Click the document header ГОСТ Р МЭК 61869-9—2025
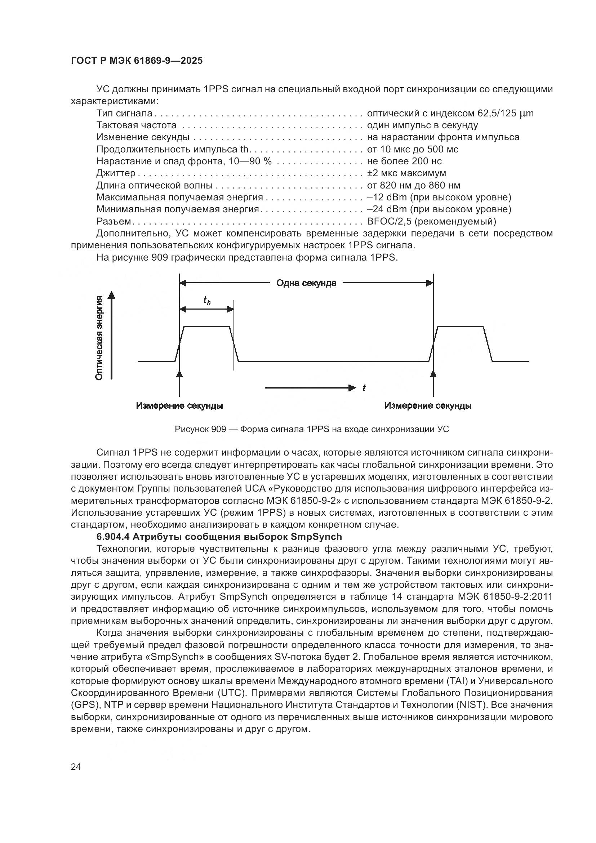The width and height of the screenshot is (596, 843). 137,61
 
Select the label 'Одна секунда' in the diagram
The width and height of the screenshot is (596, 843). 306,283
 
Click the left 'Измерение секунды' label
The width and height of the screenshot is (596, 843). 179,406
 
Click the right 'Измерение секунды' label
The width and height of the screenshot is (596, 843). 428,406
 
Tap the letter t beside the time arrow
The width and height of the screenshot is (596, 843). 364,388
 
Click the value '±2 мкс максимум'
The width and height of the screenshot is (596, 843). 406,173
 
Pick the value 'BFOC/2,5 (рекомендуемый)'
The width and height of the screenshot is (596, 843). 431,221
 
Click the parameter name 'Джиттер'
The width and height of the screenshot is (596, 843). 116,173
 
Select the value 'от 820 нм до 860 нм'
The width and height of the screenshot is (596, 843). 413,185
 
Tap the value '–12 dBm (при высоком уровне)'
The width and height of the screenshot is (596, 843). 439,198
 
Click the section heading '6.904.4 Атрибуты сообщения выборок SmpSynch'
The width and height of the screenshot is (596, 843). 219,537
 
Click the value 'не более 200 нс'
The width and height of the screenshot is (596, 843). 404,161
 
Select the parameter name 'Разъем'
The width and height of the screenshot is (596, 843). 114,221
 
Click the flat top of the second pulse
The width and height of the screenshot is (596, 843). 461,326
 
